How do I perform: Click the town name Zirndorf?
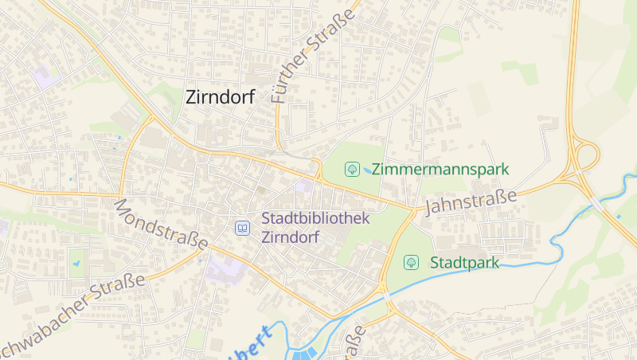(220, 97)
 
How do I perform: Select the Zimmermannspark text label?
(440, 169)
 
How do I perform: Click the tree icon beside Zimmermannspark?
(350, 169)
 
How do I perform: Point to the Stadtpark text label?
(464, 262)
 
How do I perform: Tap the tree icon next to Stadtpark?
(411, 261)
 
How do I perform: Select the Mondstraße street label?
(160, 224)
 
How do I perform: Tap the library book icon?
(242, 229)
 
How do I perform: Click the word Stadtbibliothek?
(316, 218)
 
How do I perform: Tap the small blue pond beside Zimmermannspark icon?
(366, 170)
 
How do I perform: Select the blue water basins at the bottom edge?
(307, 354)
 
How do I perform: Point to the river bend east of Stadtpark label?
(557, 253)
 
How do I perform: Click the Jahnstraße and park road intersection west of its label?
(413, 210)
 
